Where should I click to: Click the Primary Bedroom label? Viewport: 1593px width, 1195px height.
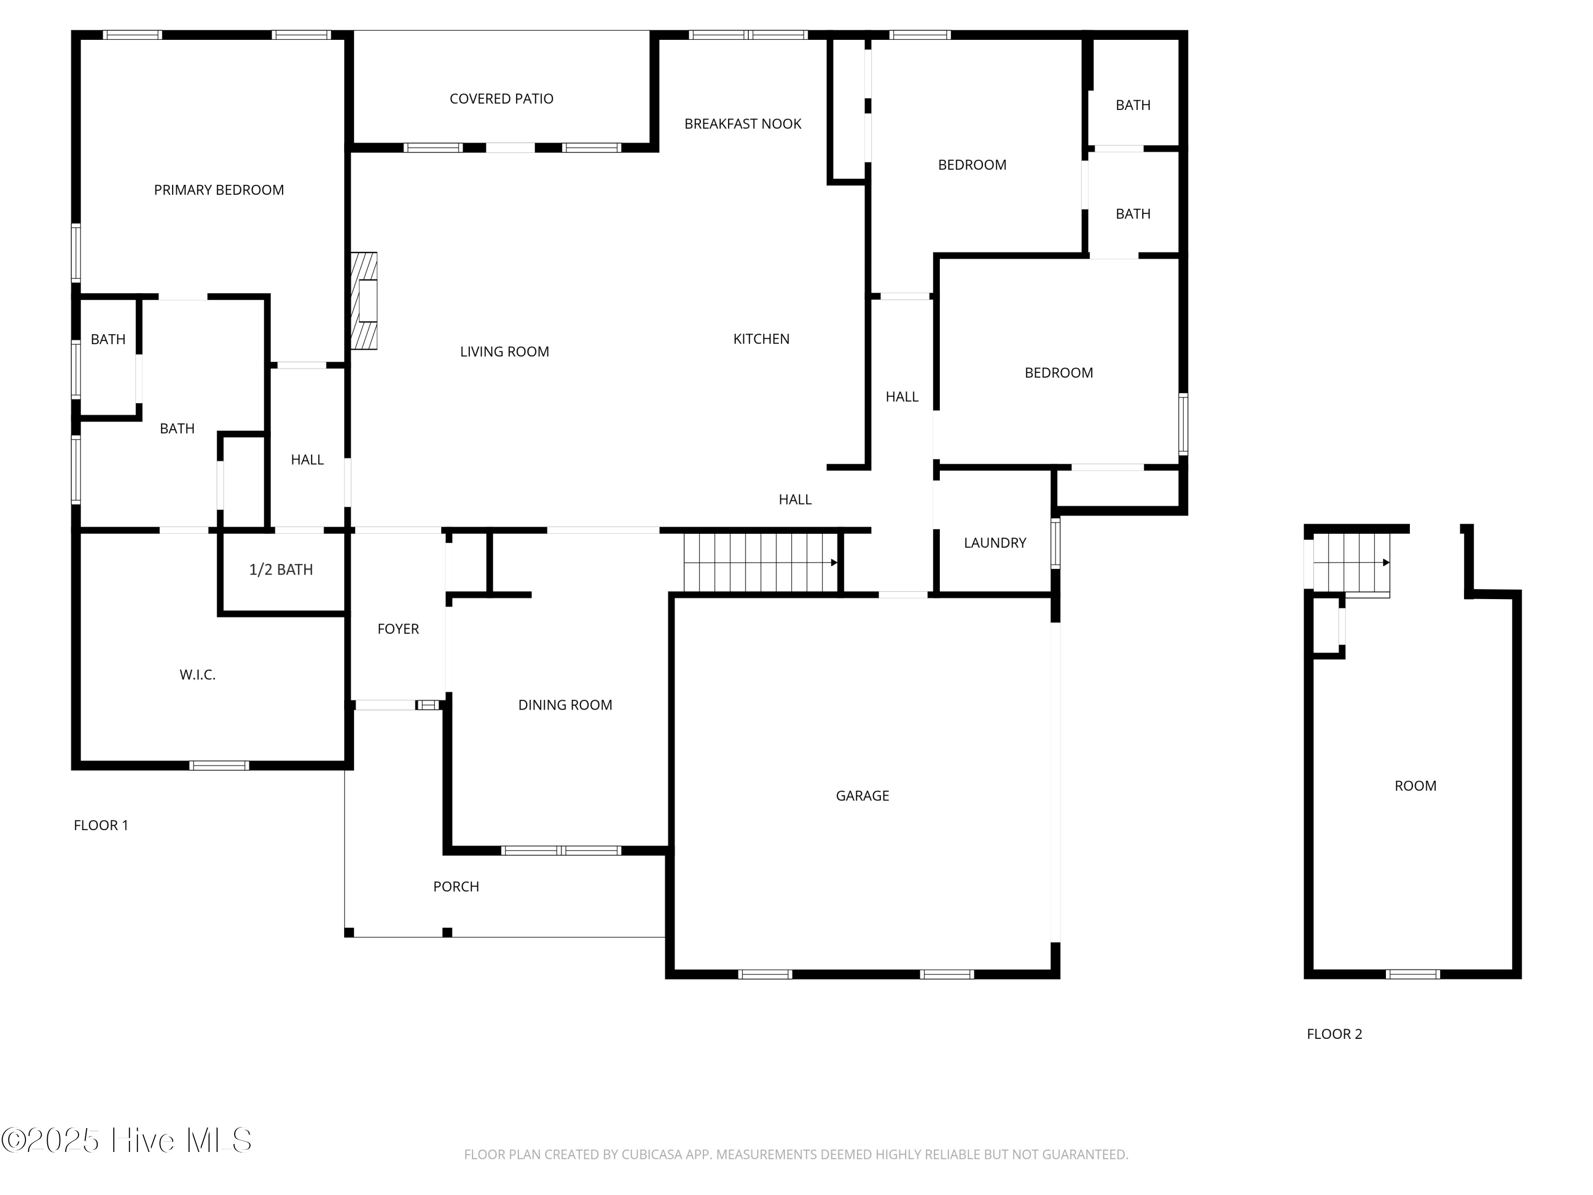(219, 190)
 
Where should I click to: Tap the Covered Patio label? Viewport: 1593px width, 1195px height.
(501, 99)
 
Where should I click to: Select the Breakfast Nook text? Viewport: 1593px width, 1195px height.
(742, 124)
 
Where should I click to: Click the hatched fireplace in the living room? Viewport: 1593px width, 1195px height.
(364, 301)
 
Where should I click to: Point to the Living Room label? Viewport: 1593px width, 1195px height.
(504, 352)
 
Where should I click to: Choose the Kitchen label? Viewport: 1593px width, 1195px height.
(761, 338)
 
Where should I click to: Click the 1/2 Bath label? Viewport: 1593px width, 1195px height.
(281, 570)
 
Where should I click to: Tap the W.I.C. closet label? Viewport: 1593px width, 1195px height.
(198, 675)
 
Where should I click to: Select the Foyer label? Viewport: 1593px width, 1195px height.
(398, 629)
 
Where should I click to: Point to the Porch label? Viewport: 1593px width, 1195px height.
(456, 887)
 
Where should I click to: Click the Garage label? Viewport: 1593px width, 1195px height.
(862, 796)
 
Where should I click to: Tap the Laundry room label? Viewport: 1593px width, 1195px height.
(995, 543)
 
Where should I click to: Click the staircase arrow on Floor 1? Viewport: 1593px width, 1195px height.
(833, 562)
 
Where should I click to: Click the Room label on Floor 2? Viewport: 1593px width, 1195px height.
(1415, 786)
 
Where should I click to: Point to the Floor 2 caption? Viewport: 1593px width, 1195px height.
(1334, 1035)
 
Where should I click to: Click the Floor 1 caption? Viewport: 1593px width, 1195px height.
(101, 825)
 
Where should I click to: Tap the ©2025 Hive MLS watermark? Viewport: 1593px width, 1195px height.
(127, 1140)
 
